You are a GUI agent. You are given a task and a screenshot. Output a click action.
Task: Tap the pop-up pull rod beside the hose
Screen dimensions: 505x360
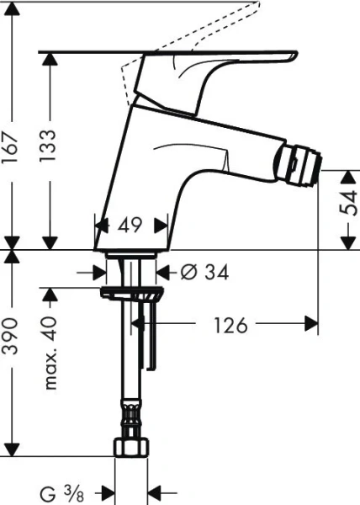[x=151, y=337]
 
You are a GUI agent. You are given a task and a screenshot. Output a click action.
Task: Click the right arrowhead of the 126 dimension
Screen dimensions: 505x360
[x=313, y=324]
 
